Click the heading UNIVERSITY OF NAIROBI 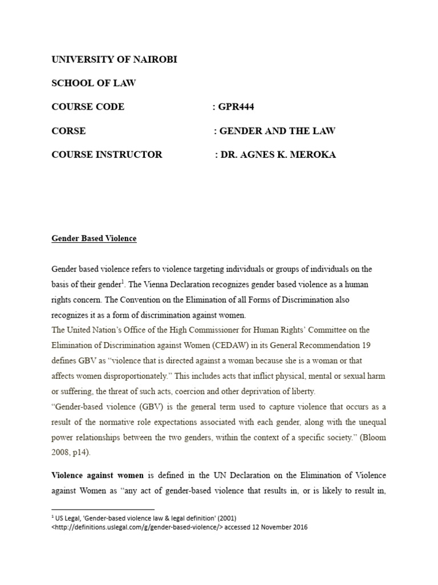click(114, 59)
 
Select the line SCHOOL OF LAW click(94, 83)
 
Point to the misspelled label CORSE click(68, 130)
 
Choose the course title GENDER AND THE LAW click(278, 130)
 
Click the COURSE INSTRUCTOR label click(107, 154)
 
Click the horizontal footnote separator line click(103, 508)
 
